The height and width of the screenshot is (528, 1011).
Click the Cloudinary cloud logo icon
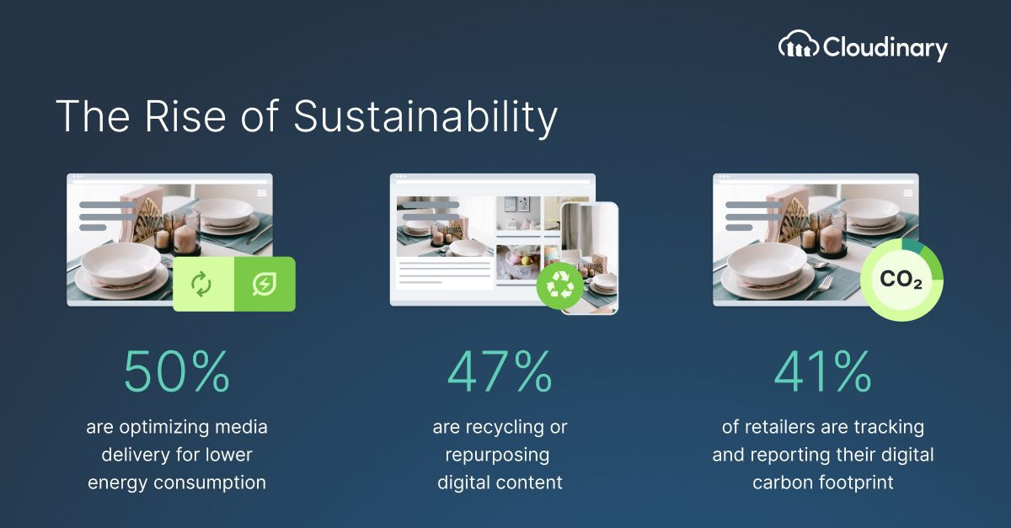click(799, 44)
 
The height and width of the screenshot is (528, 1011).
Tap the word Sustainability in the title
click(425, 117)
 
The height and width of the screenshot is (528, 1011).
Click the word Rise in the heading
click(185, 116)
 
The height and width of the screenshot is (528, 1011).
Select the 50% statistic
click(177, 371)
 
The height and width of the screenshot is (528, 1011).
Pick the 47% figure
click(500, 371)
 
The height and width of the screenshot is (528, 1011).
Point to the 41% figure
click(823, 371)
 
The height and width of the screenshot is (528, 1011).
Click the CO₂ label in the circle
click(901, 279)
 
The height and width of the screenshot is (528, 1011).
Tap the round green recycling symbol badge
click(559, 285)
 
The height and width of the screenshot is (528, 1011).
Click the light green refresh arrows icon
click(201, 285)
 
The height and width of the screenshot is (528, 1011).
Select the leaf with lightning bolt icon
click(265, 285)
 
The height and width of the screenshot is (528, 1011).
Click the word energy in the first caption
click(118, 483)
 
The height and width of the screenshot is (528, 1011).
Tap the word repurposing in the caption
click(497, 456)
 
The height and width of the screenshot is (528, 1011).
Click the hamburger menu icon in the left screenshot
click(262, 193)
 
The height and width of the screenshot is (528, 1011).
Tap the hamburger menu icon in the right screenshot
click(908, 193)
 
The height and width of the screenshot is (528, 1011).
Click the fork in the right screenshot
click(820, 287)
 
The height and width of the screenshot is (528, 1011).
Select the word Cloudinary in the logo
click(885, 48)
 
